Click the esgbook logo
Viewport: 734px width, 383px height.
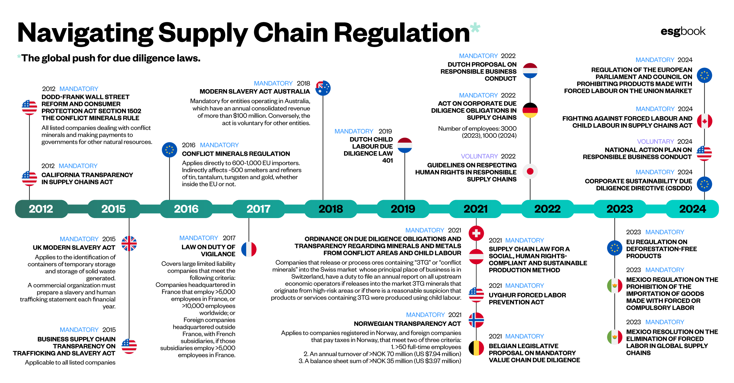coord(683,31)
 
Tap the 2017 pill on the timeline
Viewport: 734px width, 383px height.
coord(258,209)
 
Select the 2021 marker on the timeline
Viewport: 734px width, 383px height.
coord(475,209)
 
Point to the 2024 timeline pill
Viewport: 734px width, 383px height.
coord(692,209)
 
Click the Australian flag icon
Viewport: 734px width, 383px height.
coord(323,88)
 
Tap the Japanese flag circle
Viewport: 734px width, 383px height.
coord(530,171)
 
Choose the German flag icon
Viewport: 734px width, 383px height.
coord(530,110)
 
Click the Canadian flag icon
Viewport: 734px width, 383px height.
coord(704,121)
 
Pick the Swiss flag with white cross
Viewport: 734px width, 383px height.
coord(476,234)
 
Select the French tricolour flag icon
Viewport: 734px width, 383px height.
coord(249,249)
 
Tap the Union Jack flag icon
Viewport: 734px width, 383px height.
coord(129,243)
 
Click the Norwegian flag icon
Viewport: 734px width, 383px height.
coord(476,320)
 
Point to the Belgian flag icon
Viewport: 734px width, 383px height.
coord(476,348)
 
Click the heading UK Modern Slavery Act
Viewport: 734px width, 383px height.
coord(74,248)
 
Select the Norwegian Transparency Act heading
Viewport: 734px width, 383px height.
coord(407,324)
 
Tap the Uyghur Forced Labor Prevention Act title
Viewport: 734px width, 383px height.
coord(527,299)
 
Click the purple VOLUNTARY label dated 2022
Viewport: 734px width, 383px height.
coord(479,156)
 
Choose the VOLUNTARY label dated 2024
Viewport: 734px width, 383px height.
coord(655,142)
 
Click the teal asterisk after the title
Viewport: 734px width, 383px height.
coord(475,28)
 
